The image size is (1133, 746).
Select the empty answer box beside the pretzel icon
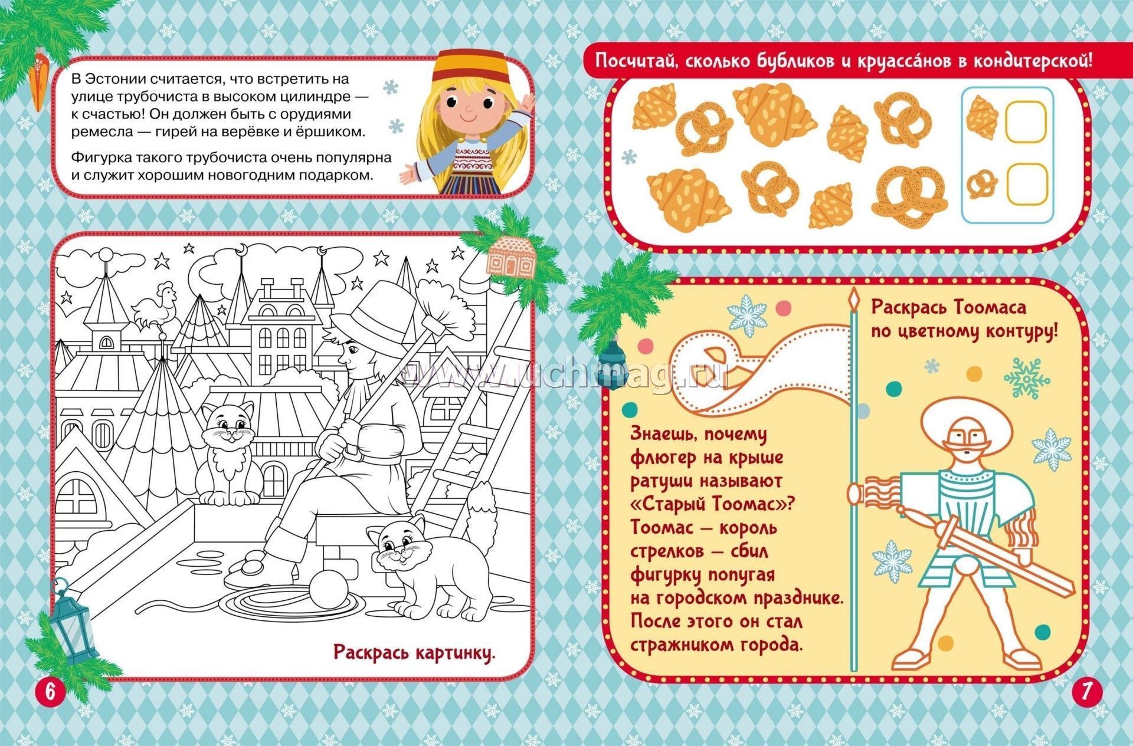pos(1026,183)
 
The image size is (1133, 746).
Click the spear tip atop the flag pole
pos(854,301)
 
